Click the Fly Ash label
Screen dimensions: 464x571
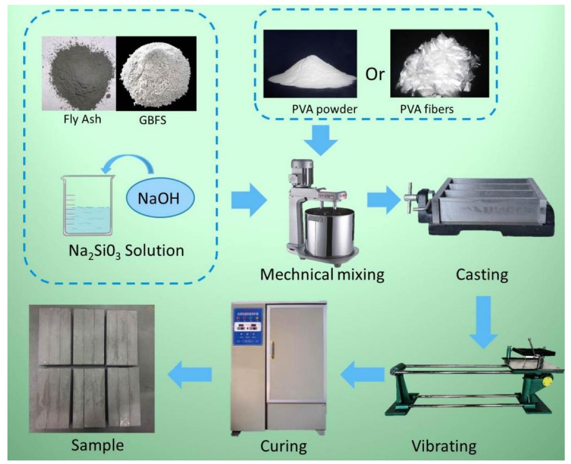point(82,119)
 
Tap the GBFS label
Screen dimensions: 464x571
point(152,120)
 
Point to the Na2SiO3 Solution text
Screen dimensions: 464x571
point(126,251)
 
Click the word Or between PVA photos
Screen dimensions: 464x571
point(375,74)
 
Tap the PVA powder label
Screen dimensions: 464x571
point(324,109)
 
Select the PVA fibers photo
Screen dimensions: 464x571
point(439,63)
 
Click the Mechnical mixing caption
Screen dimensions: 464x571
point(322,274)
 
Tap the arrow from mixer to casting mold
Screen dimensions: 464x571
point(382,200)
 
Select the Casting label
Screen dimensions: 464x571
point(482,275)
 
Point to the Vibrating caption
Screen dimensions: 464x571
point(444,446)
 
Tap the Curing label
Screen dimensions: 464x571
point(283,446)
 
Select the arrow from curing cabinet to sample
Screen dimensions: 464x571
point(190,374)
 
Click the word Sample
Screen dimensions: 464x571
point(97,445)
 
